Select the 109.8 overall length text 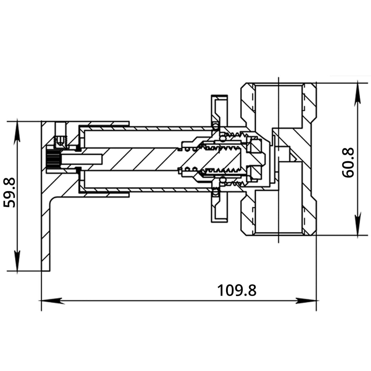tap(237, 290)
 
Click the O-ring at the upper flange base tap(216, 126)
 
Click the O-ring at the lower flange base tap(216, 192)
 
